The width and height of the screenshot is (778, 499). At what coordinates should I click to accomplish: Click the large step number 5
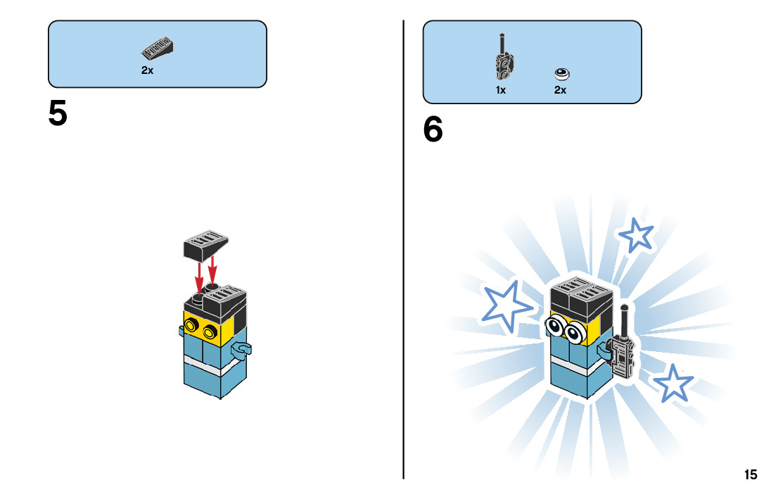click(x=58, y=113)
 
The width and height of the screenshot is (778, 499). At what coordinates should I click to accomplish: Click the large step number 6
click(x=433, y=129)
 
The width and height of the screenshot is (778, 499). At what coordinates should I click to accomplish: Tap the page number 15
click(x=751, y=474)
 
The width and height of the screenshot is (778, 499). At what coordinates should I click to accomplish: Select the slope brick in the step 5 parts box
click(x=158, y=48)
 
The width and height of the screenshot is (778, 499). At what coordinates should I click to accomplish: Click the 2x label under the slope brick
click(x=147, y=70)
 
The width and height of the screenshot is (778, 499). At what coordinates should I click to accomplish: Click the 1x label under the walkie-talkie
click(x=501, y=90)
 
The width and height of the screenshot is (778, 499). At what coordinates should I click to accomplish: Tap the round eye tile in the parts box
click(x=561, y=75)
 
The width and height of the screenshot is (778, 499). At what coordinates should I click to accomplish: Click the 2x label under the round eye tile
click(x=560, y=90)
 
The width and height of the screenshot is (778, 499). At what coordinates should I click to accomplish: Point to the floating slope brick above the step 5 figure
click(x=205, y=245)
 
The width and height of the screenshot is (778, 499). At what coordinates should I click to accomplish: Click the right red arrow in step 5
click(x=212, y=270)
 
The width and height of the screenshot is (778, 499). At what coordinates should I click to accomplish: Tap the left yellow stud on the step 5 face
click(x=191, y=325)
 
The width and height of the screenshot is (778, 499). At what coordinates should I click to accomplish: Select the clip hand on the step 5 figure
click(x=242, y=350)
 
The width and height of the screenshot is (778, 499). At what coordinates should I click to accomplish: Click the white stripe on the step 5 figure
click(x=215, y=367)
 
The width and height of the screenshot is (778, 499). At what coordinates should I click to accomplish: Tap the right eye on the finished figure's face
click(x=575, y=332)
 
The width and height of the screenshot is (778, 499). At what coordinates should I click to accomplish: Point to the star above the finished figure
click(x=636, y=235)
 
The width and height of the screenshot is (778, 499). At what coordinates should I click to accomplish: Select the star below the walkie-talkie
click(x=673, y=384)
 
